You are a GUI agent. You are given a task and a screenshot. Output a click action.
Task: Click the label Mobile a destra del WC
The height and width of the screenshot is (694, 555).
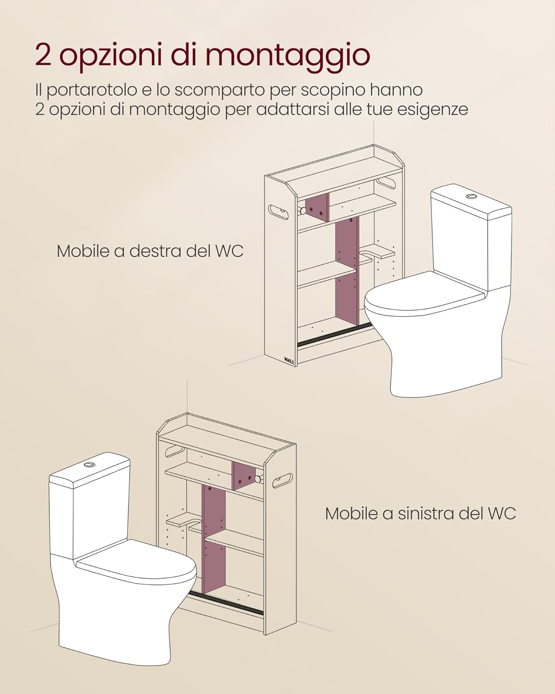point(150,251)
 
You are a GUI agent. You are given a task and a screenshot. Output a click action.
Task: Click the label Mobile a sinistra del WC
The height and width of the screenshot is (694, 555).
point(420,513)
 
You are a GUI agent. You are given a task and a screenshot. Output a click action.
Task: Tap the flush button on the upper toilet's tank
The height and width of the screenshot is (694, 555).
point(471,196)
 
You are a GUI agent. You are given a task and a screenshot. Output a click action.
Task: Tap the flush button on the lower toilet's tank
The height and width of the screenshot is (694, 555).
point(90,464)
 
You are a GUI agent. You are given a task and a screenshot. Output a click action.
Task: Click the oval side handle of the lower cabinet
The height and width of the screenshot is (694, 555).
point(282,480)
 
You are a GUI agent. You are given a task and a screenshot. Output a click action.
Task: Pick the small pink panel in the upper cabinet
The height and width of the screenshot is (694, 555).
point(317,208)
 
